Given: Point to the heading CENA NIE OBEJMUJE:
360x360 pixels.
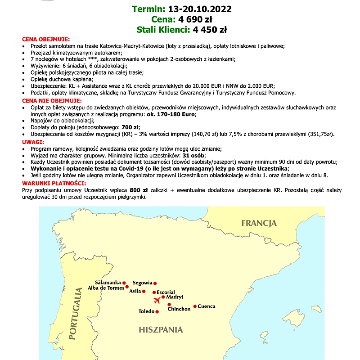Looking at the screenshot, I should point(52,100).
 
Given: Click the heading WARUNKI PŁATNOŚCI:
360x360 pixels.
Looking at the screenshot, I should point(54,184).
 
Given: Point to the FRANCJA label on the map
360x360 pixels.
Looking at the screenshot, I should point(259,223).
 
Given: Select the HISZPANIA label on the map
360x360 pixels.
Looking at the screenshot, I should point(161,330).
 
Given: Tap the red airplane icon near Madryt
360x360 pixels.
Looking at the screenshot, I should point(157,301).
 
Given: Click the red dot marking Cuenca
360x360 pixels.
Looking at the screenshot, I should point(195,306).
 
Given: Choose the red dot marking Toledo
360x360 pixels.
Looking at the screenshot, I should point(157,311).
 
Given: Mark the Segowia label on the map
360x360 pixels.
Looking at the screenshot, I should point(142,283).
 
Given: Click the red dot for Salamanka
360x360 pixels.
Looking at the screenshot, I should point(124,283).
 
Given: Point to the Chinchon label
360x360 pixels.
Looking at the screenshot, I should point(179,309).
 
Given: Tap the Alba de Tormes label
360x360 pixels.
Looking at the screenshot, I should point(105,288).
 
